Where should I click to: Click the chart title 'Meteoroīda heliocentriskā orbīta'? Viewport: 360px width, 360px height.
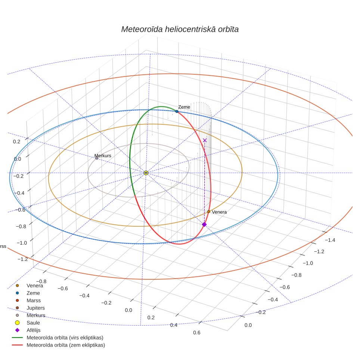click(180, 29)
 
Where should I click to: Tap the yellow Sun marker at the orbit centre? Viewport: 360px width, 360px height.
click(146, 173)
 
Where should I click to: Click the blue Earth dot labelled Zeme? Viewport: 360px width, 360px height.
click(177, 111)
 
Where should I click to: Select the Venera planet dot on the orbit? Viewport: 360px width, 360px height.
click(208, 211)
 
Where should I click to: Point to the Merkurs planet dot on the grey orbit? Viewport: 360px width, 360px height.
click(97, 158)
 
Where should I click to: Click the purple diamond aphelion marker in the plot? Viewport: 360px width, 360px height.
click(204, 224)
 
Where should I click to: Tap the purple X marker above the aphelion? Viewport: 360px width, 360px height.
click(205, 140)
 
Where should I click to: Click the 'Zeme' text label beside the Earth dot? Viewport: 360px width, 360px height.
click(184, 107)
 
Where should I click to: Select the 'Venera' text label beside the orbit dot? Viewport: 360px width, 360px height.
click(219, 212)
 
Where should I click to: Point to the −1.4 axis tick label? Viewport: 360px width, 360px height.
click(330, 240)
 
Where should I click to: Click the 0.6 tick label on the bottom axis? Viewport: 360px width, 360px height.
click(196, 332)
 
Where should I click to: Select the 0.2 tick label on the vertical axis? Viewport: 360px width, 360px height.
click(16, 142)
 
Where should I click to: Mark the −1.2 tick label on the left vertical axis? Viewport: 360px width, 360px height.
click(22, 259)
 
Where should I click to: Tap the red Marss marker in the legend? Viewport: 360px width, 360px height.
click(17, 300)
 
